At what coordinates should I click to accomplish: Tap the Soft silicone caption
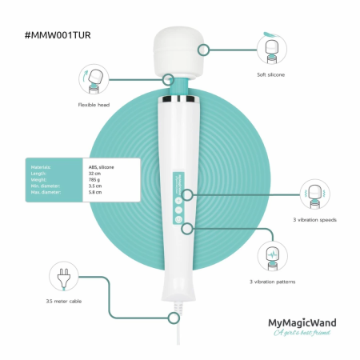[x=271, y=74]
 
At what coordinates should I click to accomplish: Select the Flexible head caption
[x=93, y=105]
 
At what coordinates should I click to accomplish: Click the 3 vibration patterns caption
[x=272, y=281]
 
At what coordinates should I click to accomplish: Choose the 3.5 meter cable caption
[x=64, y=302]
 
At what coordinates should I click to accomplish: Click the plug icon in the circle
[x=62, y=278]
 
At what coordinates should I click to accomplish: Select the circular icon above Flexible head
[x=93, y=79]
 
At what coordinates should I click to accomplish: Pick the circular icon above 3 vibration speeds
[x=314, y=193]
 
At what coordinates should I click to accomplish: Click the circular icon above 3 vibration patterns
[x=271, y=256]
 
